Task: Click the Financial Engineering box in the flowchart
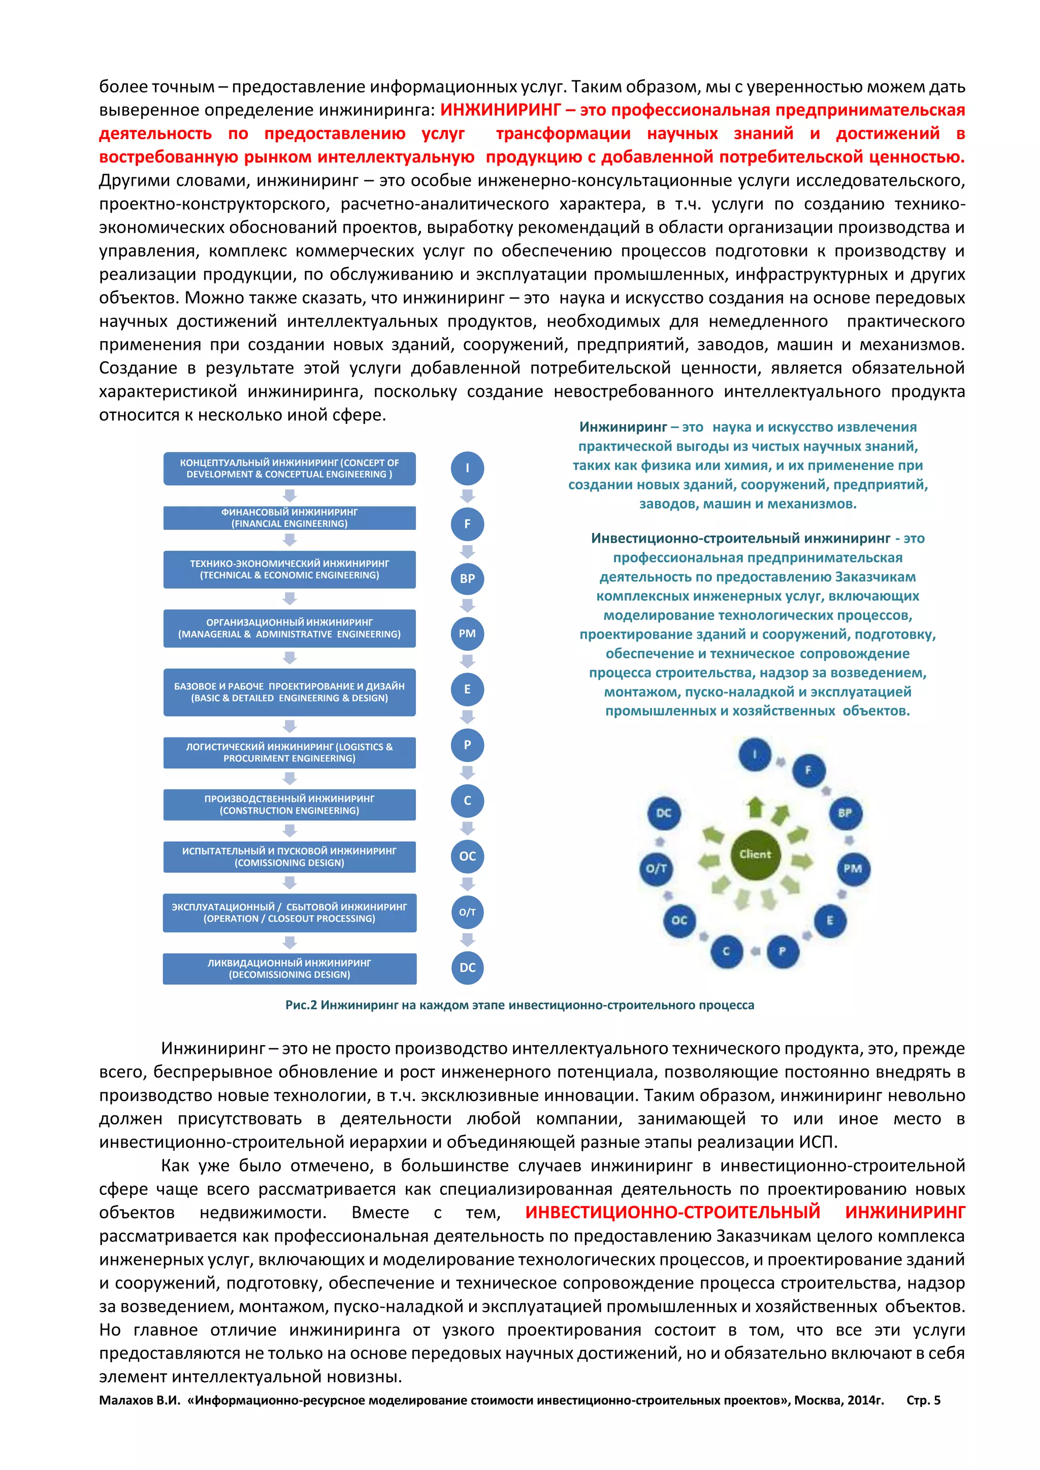[289, 518]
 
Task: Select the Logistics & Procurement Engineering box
[289, 752]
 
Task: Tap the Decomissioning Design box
[289, 968]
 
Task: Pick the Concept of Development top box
[289, 468]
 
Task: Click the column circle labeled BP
[468, 579]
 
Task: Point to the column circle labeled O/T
[468, 912]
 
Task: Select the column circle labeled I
[468, 468]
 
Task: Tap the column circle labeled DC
[468, 967]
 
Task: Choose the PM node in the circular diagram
[853, 869]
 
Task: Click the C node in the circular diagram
[726, 951]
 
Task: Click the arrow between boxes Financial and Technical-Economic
[289, 540]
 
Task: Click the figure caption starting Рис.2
[519, 1005]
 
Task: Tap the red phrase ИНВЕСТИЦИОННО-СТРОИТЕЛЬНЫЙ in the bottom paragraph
[672, 1212]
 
